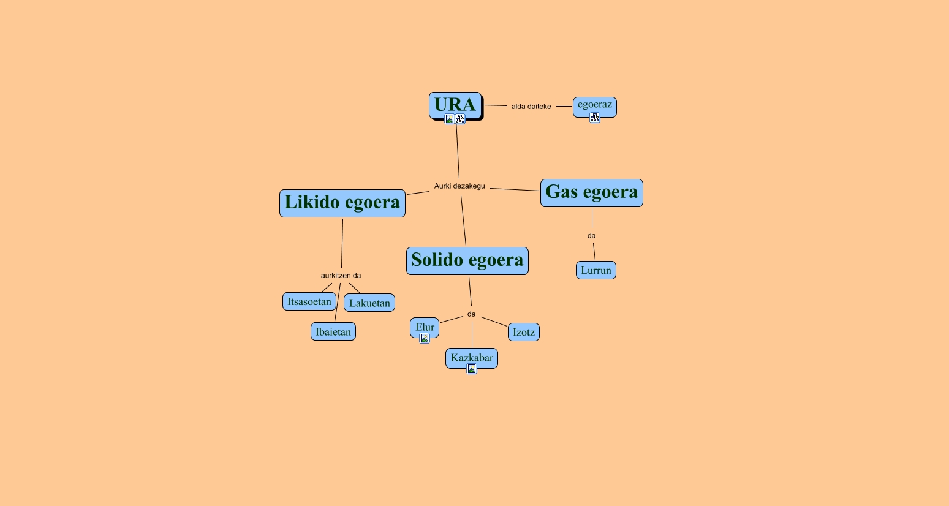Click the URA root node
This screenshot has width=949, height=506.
point(455,104)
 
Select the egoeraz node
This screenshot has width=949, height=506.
point(594,105)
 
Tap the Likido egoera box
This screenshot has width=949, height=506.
point(342,203)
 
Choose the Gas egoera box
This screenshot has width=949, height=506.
point(591,192)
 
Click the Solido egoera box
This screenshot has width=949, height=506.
point(467,260)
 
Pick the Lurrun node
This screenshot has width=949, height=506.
point(595,270)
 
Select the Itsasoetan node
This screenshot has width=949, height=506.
point(309,301)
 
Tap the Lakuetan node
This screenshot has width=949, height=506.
point(369,303)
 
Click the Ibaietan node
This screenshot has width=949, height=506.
point(333,332)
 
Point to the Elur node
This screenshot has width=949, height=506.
point(424,327)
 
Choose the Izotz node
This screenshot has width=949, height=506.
point(523,332)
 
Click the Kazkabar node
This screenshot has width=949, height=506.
point(471,357)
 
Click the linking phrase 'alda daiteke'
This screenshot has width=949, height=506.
point(531,107)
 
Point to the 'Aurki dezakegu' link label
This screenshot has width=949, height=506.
point(459,186)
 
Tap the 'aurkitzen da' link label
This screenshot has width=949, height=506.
point(341,276)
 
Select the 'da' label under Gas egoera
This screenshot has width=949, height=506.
point(591,236)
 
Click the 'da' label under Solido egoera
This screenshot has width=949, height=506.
point(471,314)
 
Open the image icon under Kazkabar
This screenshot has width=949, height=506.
point(471,369)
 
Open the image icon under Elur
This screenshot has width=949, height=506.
point(424,338)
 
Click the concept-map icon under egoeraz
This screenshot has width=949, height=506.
point(594,118)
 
